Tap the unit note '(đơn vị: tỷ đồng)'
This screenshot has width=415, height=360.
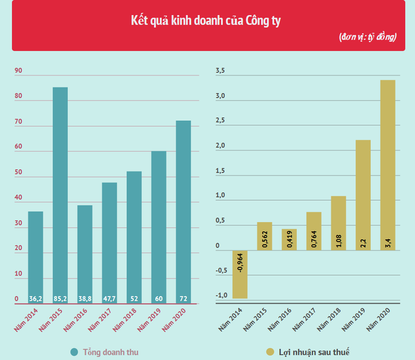tap(368, 37)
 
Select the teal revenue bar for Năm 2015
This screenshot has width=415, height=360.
tap(60, 189)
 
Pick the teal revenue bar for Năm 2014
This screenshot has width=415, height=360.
tap(36, 252)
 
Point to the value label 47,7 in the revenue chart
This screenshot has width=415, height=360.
tap(109, 298)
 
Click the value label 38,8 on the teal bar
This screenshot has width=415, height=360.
tap(85, 298)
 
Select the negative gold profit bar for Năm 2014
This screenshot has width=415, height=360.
tap(240, 274)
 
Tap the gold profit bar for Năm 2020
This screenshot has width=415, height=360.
tap(387, 164)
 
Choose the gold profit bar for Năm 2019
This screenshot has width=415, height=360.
tap(363, 192)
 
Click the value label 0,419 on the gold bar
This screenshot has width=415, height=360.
tap(289, 240)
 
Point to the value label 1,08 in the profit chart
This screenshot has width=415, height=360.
tap(338, 242)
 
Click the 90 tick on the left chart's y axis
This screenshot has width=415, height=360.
tap(18, 71)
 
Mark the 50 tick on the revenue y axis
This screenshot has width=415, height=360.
tap(18, 172)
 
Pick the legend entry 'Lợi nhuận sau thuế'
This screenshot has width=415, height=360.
tap(314, 352)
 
